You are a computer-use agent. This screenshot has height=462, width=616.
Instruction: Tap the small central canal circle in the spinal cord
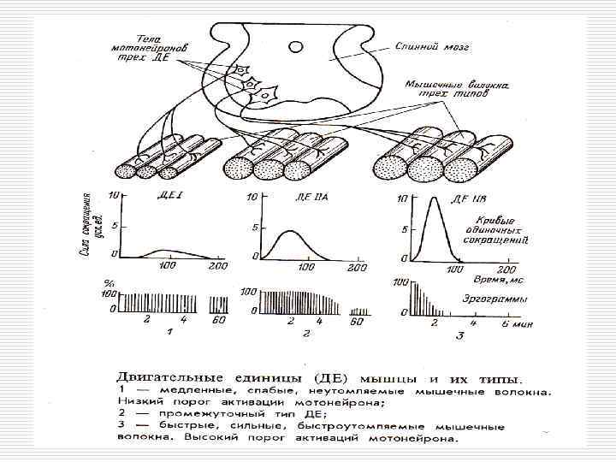point(295,46)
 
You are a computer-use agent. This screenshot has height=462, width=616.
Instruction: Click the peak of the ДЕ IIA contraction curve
point(291,231)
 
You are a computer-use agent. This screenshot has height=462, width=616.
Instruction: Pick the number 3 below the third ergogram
point(459,336)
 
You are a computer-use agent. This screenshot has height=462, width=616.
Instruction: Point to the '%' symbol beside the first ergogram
point(110,283)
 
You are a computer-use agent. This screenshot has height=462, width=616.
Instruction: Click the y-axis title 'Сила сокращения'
point(89,226)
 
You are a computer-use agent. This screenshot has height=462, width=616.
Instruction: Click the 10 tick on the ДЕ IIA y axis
point(251,198)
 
